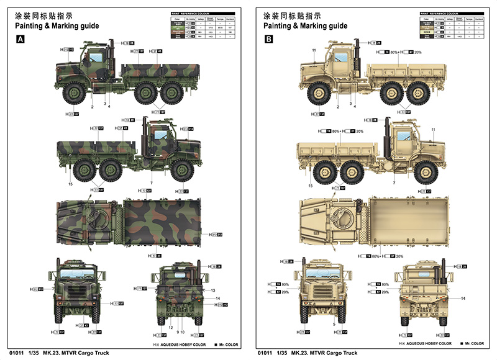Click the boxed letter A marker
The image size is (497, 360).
(x=21, y=40)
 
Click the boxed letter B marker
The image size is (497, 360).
(x=268, y=40)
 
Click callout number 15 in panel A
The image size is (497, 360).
(x=70, y=184)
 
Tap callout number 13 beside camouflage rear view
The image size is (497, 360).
(x=212, y=290)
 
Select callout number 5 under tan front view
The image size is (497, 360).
(x=334, y=325)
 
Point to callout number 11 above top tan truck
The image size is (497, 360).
(x=314, y=50)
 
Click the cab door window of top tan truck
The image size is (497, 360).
(x=341, y=60)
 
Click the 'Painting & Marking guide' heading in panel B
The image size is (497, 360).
(x=305, y=26)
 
